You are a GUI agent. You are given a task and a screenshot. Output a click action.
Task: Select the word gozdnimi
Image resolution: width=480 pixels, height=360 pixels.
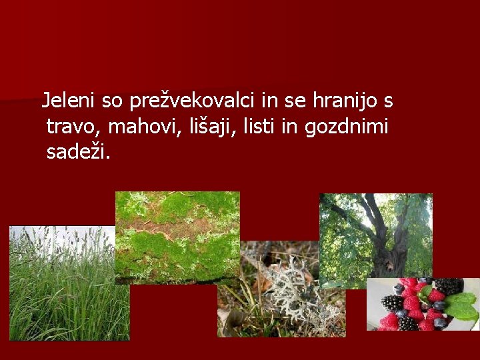coord(347,127)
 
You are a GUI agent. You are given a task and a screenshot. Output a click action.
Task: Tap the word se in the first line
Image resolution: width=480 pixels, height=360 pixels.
coord(294,101)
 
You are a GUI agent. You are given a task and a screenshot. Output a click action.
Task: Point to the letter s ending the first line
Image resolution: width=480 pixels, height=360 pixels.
coord(388,101)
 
